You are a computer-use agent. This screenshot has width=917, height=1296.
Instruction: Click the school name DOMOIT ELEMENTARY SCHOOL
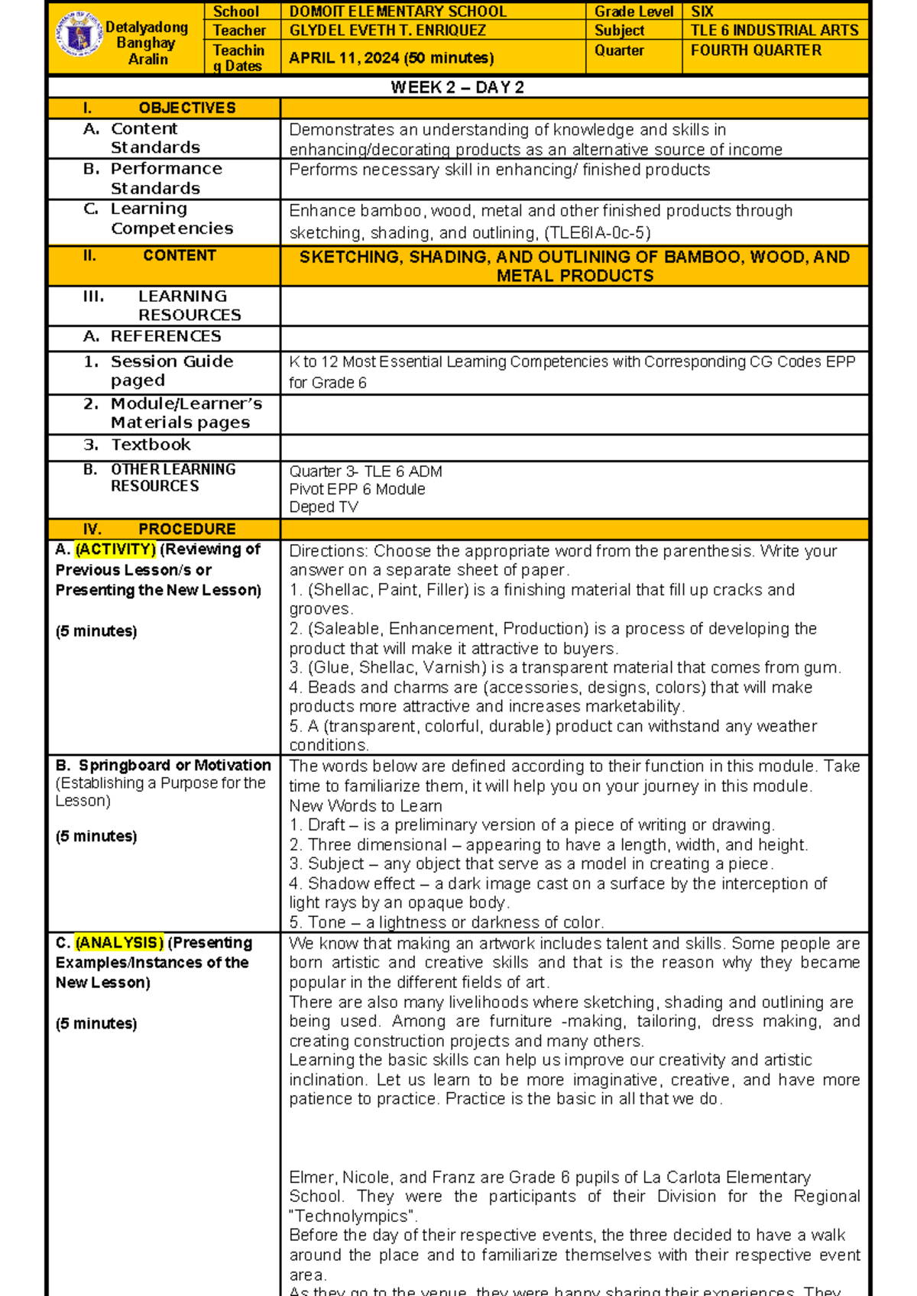[x=397, y=11]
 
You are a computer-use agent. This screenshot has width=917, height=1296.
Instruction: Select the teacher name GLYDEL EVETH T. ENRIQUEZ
[x=387, y=31]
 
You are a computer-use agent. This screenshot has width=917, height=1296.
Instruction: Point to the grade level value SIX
[x=702, y=11]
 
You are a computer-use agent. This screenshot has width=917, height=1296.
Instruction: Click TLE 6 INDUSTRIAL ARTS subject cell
[x=774, y=31]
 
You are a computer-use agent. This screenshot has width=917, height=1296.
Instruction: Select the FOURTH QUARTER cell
[x=756, y=50]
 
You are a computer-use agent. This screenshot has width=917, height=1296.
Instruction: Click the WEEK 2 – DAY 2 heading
[x=457, y=87]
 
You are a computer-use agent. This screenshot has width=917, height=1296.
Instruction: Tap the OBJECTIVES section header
[x=186, y=108]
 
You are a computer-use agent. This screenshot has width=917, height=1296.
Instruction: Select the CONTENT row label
[x=179, y=256]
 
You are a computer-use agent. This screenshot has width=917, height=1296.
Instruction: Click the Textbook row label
[x=151, y=445]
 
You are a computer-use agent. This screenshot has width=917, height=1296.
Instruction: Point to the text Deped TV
[x=323, y=507]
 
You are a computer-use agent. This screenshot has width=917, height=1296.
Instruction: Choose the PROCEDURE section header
[x=186, y=529]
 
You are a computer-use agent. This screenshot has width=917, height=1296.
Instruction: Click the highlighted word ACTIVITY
[x=115, y=549]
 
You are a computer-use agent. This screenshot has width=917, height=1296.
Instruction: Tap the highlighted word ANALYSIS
[x=119, y=943]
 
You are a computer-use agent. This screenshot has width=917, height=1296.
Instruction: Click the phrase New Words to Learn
[x=365, y=806]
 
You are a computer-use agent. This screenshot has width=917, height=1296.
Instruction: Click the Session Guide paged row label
[x=171, y=371]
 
